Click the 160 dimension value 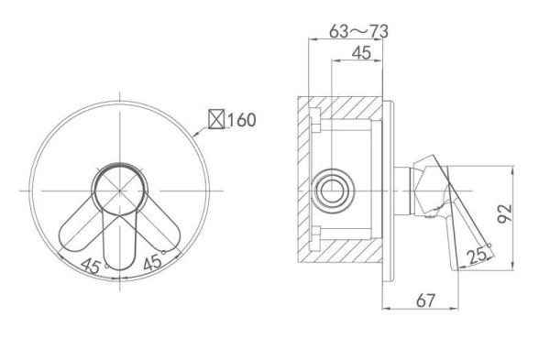[242, 120]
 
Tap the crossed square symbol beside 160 [216, 119]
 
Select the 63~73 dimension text [358, 31]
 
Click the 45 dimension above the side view [361, 53]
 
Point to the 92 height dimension [505, 213]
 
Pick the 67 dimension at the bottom [425, 300]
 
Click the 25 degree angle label [478, 256]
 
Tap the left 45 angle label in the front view [92, 266]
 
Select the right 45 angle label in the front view [153, 261]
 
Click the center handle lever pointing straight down [119, 242]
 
